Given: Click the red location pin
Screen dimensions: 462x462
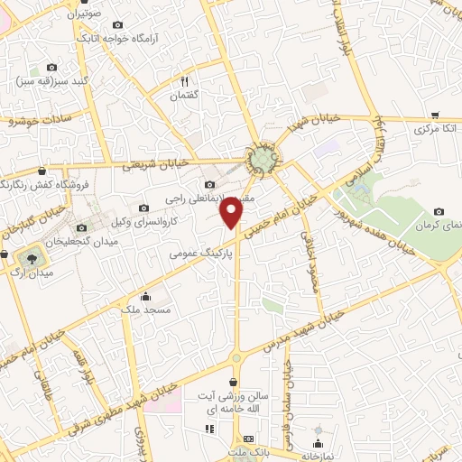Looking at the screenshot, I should pyautogui.click(x=233, y=212).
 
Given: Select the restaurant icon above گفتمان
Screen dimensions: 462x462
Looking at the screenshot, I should pyautogui.click(x=184, y=79).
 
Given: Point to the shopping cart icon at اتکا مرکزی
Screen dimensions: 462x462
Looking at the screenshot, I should pyautogui.click(x=435, y=115).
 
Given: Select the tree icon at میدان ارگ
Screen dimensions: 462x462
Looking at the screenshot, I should pyautogui.click(x=30, y=257).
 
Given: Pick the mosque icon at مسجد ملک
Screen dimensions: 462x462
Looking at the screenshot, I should pyautogui.click(x=146, y=296).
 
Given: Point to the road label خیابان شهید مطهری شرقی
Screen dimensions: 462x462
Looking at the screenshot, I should pyautogui.click(x=107, y=407).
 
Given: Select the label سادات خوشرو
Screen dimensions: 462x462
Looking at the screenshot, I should pyautogui.click(x=42, y=117).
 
